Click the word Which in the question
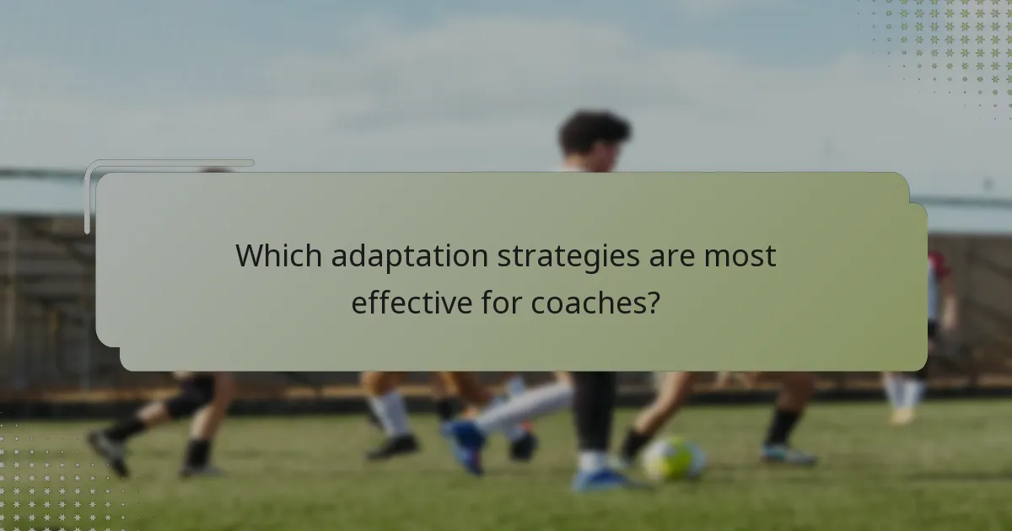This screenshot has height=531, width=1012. click(x=277, y=255)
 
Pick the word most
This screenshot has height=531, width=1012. click(x=741, y=256)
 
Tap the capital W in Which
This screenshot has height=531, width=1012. click(x=250, y=255)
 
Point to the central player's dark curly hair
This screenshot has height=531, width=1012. click(x=595, y=131)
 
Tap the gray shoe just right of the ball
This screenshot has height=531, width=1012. click(x=788, y=455)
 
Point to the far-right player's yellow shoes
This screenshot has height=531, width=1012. click(x=902, y=416)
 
